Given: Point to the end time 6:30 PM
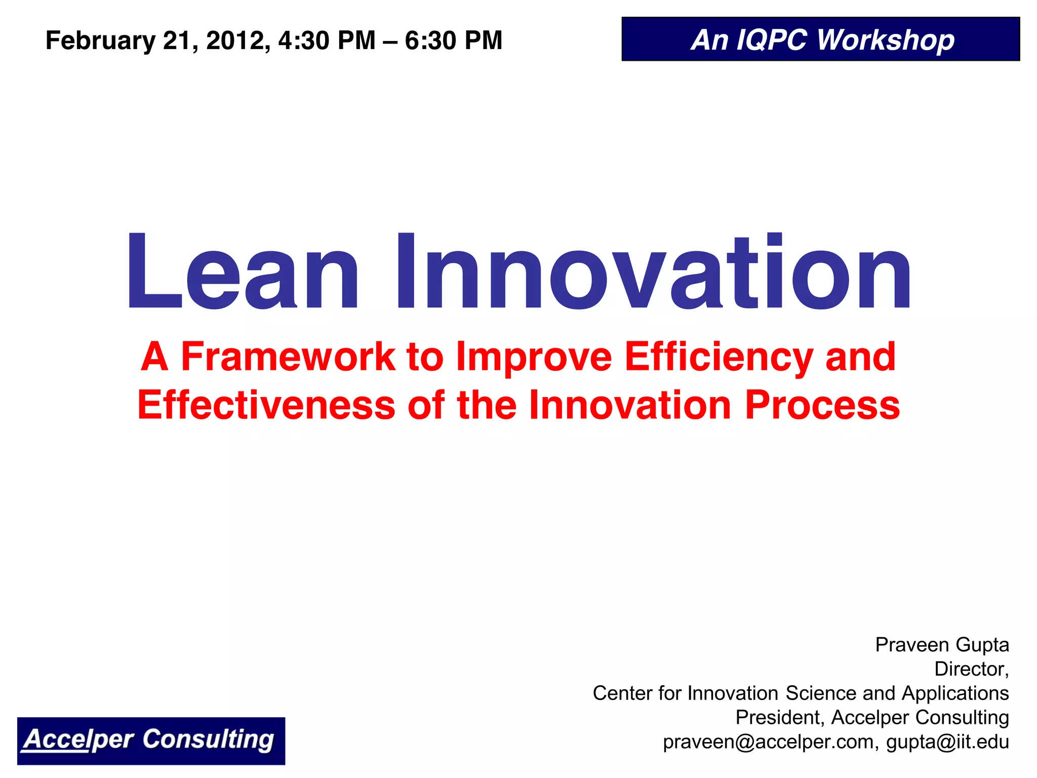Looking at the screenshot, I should pyautogui.click(x=454, y=41).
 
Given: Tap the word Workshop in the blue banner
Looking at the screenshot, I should pyautogui.click(x=886, y=41).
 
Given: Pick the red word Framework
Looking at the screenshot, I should pyautogui.click(x=288, y=357).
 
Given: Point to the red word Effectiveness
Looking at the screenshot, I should pyautogui.click(x=266, y=405).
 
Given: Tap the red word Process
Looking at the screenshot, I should pyautogui.click(x=822, y=405).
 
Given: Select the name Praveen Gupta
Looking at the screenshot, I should pyautogui.click(x=942, y=645).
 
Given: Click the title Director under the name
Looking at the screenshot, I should pyautogui.click(x=971, y=669).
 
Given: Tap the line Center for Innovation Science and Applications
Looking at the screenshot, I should pyautogui.click(x=801, y=693).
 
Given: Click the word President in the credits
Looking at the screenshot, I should pyautogui.click(x=780, y=717).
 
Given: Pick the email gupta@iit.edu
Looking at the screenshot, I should pyautogui.click(x=947, y=742).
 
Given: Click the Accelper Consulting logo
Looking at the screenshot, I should pyautogui.click(x=151, y=741).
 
